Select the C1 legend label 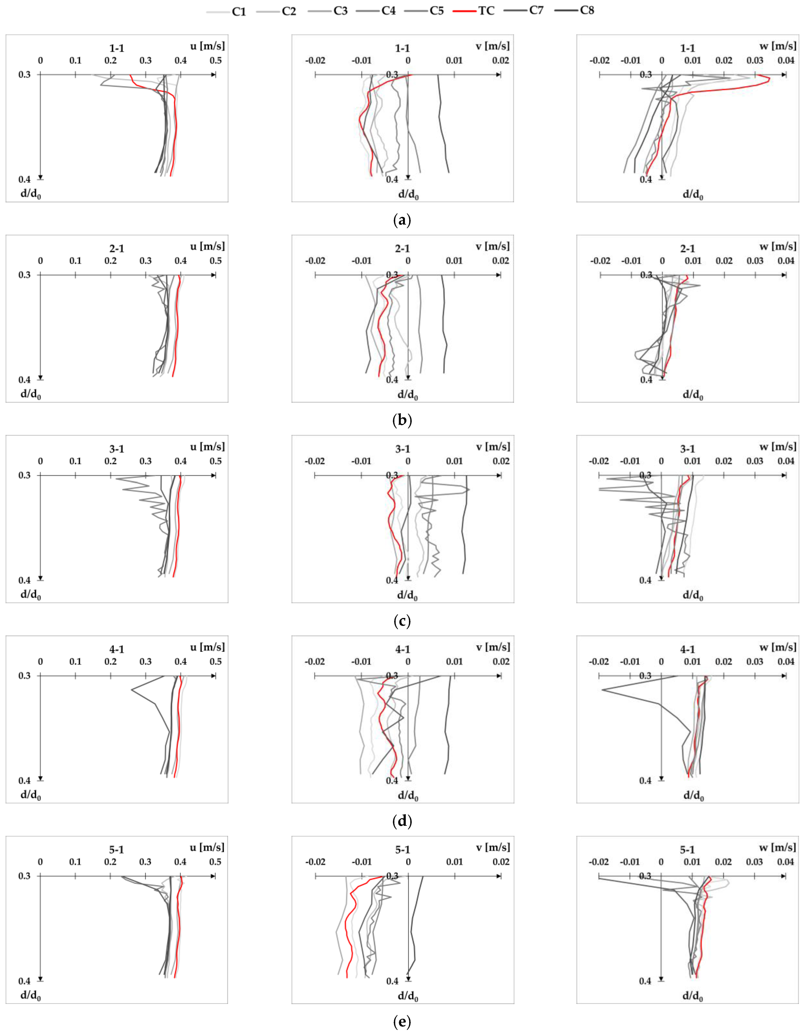coord(239,11)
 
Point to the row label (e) coord(402,1021)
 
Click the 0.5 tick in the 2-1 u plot coord(215,261)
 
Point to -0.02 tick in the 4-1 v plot coord(315,661)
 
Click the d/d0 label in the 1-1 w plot coord(693,195)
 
